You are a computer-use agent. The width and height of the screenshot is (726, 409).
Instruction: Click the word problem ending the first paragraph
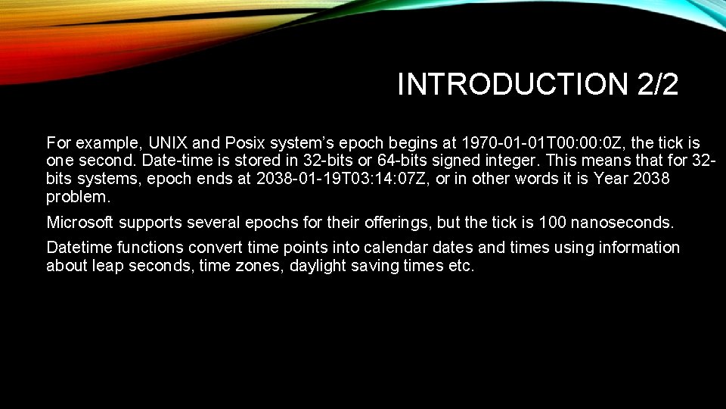pos(77,197)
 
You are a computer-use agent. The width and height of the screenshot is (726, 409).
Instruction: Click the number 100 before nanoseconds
pos(552,223)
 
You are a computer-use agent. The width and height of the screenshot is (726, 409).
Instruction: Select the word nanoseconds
pos(622,223)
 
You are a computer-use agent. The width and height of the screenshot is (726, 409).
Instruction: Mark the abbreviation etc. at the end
pos(461,266)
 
